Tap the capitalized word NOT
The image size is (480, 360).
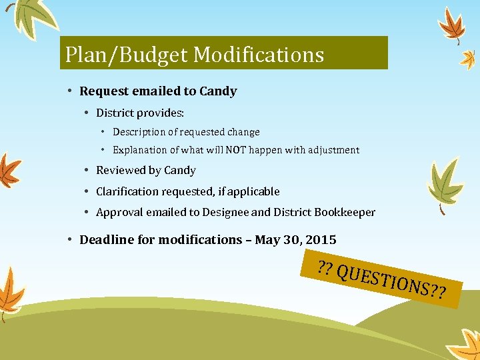pos(235,150)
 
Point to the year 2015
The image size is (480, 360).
pos(321,240)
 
